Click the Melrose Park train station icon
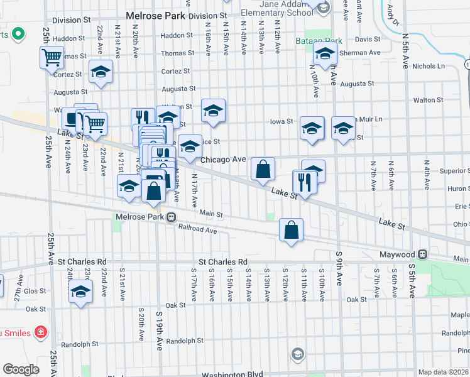pos(170,217)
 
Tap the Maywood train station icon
pos(424,254)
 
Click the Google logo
pos(21,369)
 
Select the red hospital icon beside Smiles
pos(41,331)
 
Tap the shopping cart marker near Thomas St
pos(52,58)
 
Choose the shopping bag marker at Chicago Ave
pos(263,168)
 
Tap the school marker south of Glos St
pos(80,292)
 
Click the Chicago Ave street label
pos(223,160)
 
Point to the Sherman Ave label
pos(361,53)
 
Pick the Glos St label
pos(36,291)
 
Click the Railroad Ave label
pos(197,230)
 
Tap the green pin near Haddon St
pos(18,33)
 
